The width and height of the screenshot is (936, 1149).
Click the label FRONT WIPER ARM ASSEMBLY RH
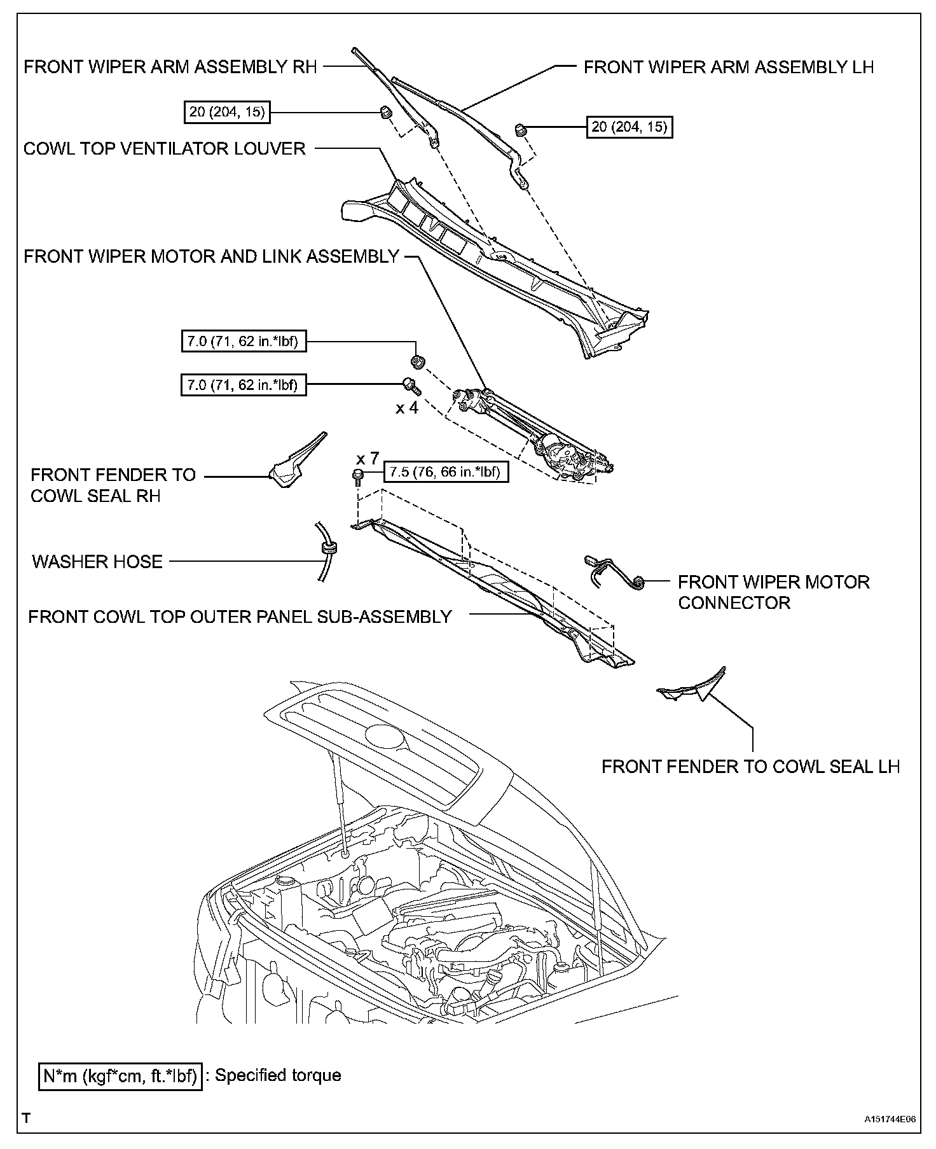point(170,67)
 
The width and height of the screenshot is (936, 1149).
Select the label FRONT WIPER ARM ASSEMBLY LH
point(728,67)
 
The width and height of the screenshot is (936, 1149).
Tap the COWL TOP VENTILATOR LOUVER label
point(165,149)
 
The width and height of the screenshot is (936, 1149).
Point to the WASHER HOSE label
point(97,561)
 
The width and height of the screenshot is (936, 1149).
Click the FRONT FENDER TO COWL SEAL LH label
point(750,766)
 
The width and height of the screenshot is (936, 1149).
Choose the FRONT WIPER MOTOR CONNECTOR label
point(773,592)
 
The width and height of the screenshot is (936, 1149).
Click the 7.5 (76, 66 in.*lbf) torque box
point(446,472)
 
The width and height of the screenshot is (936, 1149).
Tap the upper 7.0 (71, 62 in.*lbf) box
point(244,342)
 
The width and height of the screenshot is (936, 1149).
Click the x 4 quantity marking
point(407,408)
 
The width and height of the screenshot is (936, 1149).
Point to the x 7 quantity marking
point(368,458)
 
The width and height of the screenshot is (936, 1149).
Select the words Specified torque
point(278,1075)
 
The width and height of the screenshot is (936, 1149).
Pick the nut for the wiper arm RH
point(385,113)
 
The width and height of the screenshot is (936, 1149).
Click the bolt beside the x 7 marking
point(357,475)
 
